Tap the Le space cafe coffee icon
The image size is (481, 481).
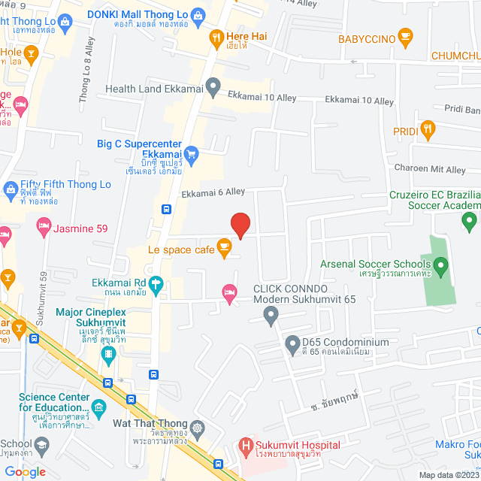click(x=224, y=247)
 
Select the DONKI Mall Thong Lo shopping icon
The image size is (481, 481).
click(x=197, y=14)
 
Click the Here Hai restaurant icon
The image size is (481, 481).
click(x=216, y=37)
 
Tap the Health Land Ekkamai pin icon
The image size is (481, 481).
click(x=213, y=89)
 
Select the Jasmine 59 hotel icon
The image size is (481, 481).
click(x=44, y=225)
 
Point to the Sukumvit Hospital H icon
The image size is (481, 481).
click(x=245, y=446)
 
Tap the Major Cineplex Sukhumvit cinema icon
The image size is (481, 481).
click(x=109, y=353)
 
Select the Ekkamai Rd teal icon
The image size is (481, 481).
click(x=156, y=284)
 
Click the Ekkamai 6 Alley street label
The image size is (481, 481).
click(x=213, y=194)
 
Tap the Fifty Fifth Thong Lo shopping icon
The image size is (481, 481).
click(x=10, y=186)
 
